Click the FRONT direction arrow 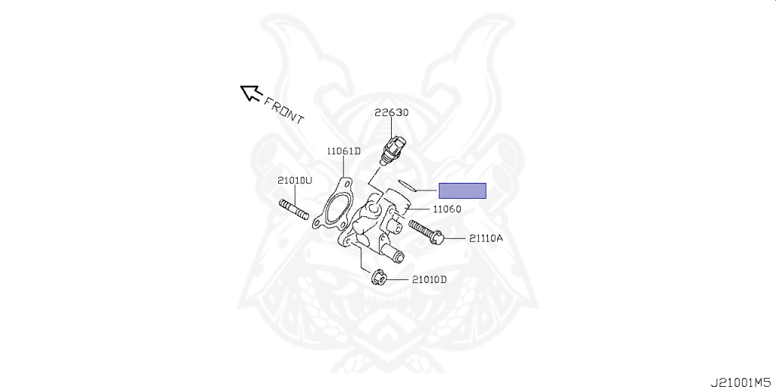click(x=250, y=93)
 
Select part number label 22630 click(x=392, y=112)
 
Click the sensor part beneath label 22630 click(x=395, y=145)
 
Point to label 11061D click(x=344, y=151)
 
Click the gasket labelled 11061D click(x=336, y=206)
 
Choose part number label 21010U click(x=295, y=181)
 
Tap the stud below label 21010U click(x=295, y=210)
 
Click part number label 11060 click(x=447, y=209)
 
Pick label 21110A click(x=486, y=238)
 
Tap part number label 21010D click(x=430, y=279)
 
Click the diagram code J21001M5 click(x=740, y=379)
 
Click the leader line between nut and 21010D click(x=399, y=278)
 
